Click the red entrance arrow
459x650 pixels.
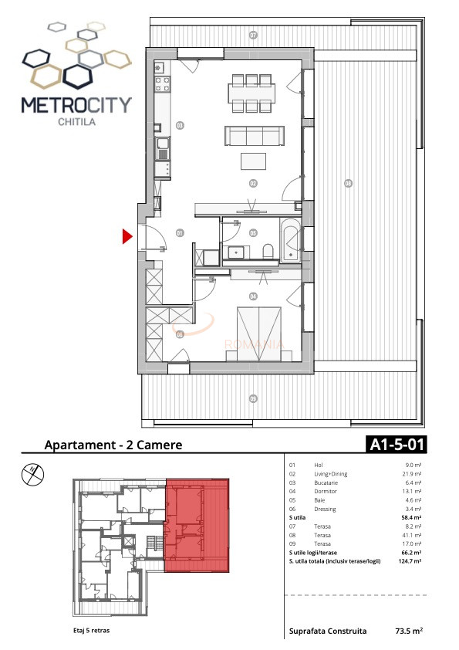point(128,237)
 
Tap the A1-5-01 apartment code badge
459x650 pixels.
point(395,445)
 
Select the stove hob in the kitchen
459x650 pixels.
point(164,84)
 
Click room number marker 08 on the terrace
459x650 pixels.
point(348,183)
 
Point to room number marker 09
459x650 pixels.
point(252,398)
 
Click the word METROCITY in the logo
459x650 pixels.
point(76,104)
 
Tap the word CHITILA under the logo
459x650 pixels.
point(76,120)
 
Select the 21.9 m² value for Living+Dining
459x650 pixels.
point(411,474)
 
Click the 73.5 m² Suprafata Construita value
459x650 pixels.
point(409,631)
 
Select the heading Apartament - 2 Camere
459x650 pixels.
point(113,445)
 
